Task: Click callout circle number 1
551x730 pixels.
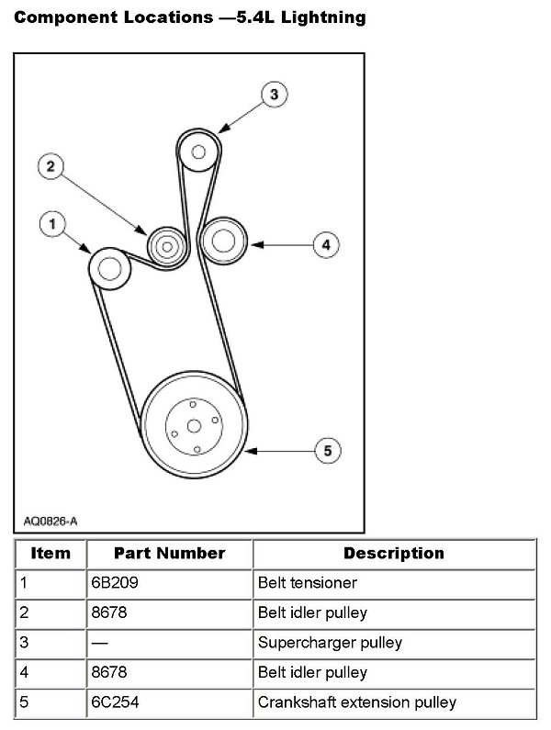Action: coord(53,223)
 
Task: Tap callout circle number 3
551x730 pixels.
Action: coord(273,94)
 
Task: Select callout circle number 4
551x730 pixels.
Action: coord(325,244)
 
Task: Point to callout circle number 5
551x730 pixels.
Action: coord(327,450)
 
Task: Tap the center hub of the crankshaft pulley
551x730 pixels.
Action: coord(193,425)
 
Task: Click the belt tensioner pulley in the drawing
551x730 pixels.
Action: coord(109,269)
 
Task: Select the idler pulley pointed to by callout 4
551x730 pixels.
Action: coord(221,243)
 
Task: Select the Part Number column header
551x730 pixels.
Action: coord(169,553)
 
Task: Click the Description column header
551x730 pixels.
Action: coord(393,553)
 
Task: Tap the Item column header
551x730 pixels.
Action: coord(51,553)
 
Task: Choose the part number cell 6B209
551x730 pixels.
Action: coord(111,582)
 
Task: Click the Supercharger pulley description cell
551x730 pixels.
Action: coord(330,642)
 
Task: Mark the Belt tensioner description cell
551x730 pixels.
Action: coord(307,582)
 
